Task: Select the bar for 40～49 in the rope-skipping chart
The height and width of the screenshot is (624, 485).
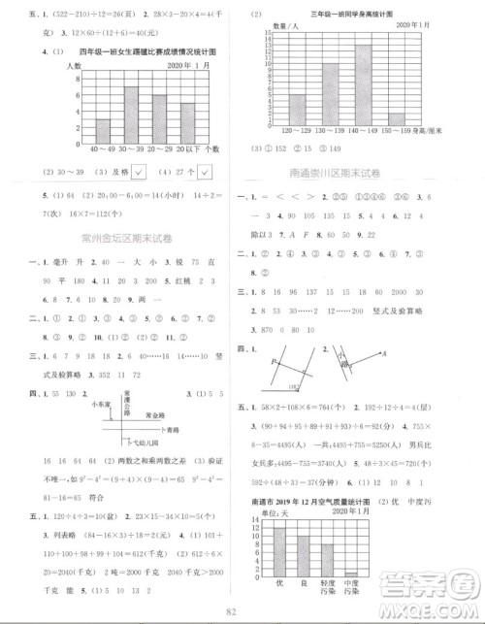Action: click(102, 131)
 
